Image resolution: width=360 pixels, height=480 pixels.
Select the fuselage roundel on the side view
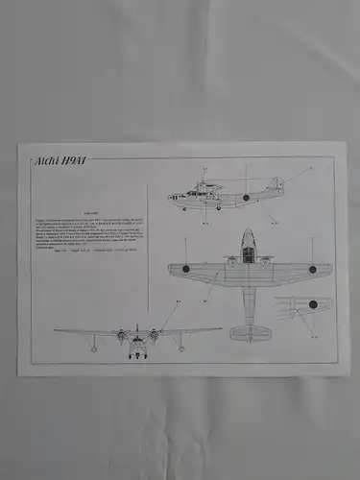point(247,197)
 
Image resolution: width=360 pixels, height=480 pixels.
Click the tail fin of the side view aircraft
point(276,183)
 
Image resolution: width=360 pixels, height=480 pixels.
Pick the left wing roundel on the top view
point(186,269)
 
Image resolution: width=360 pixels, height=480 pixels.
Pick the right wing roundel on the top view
point(312,269)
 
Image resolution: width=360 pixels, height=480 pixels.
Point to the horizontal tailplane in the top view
point(250,331)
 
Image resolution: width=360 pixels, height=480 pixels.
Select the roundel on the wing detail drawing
point(313,304)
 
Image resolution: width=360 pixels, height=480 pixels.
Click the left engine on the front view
point(123,335)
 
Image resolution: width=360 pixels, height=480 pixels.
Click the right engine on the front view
point(153,335)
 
